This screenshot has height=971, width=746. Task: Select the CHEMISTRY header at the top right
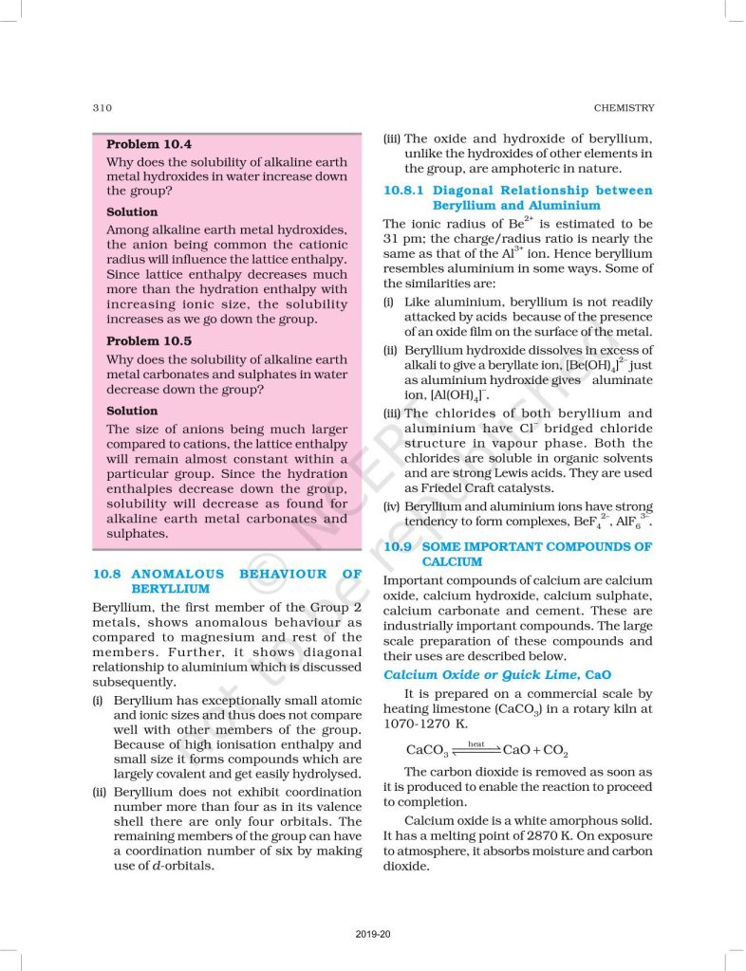(622, 107)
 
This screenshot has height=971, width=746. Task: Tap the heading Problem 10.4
(148, 144)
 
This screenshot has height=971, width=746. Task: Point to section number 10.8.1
(406, 190)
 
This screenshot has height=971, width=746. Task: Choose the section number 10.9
(398, 547)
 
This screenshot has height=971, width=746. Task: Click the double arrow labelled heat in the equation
(476, 750)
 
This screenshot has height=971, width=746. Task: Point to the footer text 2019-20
(372, 936)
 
